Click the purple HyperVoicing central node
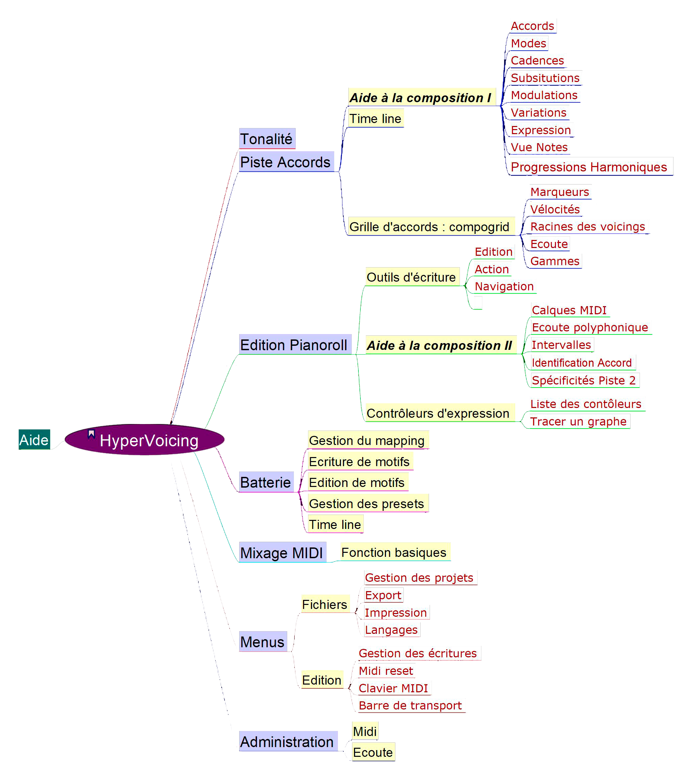(x=145, y=440)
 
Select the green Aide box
(x=34, y=440)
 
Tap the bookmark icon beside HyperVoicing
(x=91, y=434)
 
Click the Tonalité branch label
(x=266, y=139)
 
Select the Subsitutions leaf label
(x=545, y=78)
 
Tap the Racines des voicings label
(x=588, y=227)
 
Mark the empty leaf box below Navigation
(x=478, y=302)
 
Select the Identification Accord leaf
(x=582, y=363)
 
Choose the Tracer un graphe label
(x=578, y=421)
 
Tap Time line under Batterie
(x=335, y=524)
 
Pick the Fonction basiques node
(x=394, y=552)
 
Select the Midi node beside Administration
(x=365, y=732)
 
